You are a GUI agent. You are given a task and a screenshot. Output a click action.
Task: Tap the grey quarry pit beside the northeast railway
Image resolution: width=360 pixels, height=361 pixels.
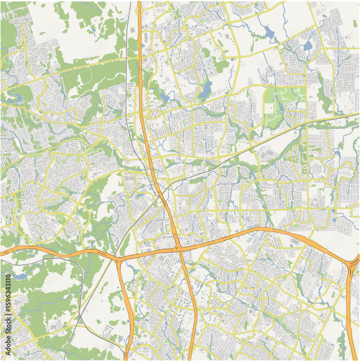tap(267, 154)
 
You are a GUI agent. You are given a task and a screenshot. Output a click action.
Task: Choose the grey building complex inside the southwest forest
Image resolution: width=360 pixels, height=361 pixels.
tap(54, 327)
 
